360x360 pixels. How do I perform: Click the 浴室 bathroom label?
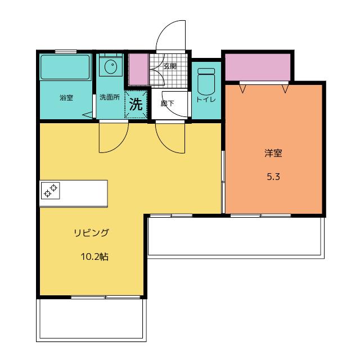tap(66, 98)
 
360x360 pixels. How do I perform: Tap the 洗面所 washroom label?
tap(110, 97)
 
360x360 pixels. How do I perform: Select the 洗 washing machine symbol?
tap(136, 105)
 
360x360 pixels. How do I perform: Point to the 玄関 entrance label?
tap(170, 66)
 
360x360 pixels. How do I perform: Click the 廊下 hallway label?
tap(168, 103)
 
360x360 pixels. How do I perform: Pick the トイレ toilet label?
tap(206, 100)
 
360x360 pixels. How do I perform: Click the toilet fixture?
tap(206, 82)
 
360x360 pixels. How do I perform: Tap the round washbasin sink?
tap(111, 67)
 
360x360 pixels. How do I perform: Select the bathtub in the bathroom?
tap(65, 67)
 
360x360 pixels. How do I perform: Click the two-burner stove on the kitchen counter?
tap(51, 191)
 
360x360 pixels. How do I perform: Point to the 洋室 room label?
tap(273, 153)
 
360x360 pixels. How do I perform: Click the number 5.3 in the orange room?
tap(273, 177)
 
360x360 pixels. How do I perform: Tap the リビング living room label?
tap(91, 233)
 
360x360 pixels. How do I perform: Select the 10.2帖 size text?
tap(94, 256)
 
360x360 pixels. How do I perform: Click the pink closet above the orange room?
tap(258, 67)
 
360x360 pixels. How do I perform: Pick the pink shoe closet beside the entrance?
tap(138, 69)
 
